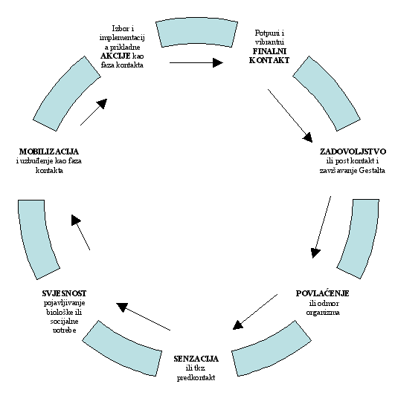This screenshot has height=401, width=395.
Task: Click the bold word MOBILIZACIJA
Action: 49,151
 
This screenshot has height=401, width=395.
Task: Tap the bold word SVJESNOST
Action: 64,293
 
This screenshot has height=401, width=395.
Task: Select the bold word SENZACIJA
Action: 196,359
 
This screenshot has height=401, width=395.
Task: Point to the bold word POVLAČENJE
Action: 323,293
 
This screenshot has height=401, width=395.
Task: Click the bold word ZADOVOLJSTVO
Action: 353,151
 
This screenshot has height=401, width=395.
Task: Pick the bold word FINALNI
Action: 269,51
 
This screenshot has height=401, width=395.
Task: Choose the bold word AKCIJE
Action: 115,56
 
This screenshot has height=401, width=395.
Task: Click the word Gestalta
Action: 372,170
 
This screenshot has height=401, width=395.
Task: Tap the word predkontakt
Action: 196,378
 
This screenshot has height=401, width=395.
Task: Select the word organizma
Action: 323,313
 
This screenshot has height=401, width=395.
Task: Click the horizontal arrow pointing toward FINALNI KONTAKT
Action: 196,62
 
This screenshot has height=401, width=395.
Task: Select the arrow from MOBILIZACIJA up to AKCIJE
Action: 94,112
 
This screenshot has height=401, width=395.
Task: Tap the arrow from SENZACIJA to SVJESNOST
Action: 143,316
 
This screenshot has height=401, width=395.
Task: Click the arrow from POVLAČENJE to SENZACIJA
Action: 255,312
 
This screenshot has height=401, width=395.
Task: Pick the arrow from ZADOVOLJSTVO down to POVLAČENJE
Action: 321,227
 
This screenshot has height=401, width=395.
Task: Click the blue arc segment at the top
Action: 196,31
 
